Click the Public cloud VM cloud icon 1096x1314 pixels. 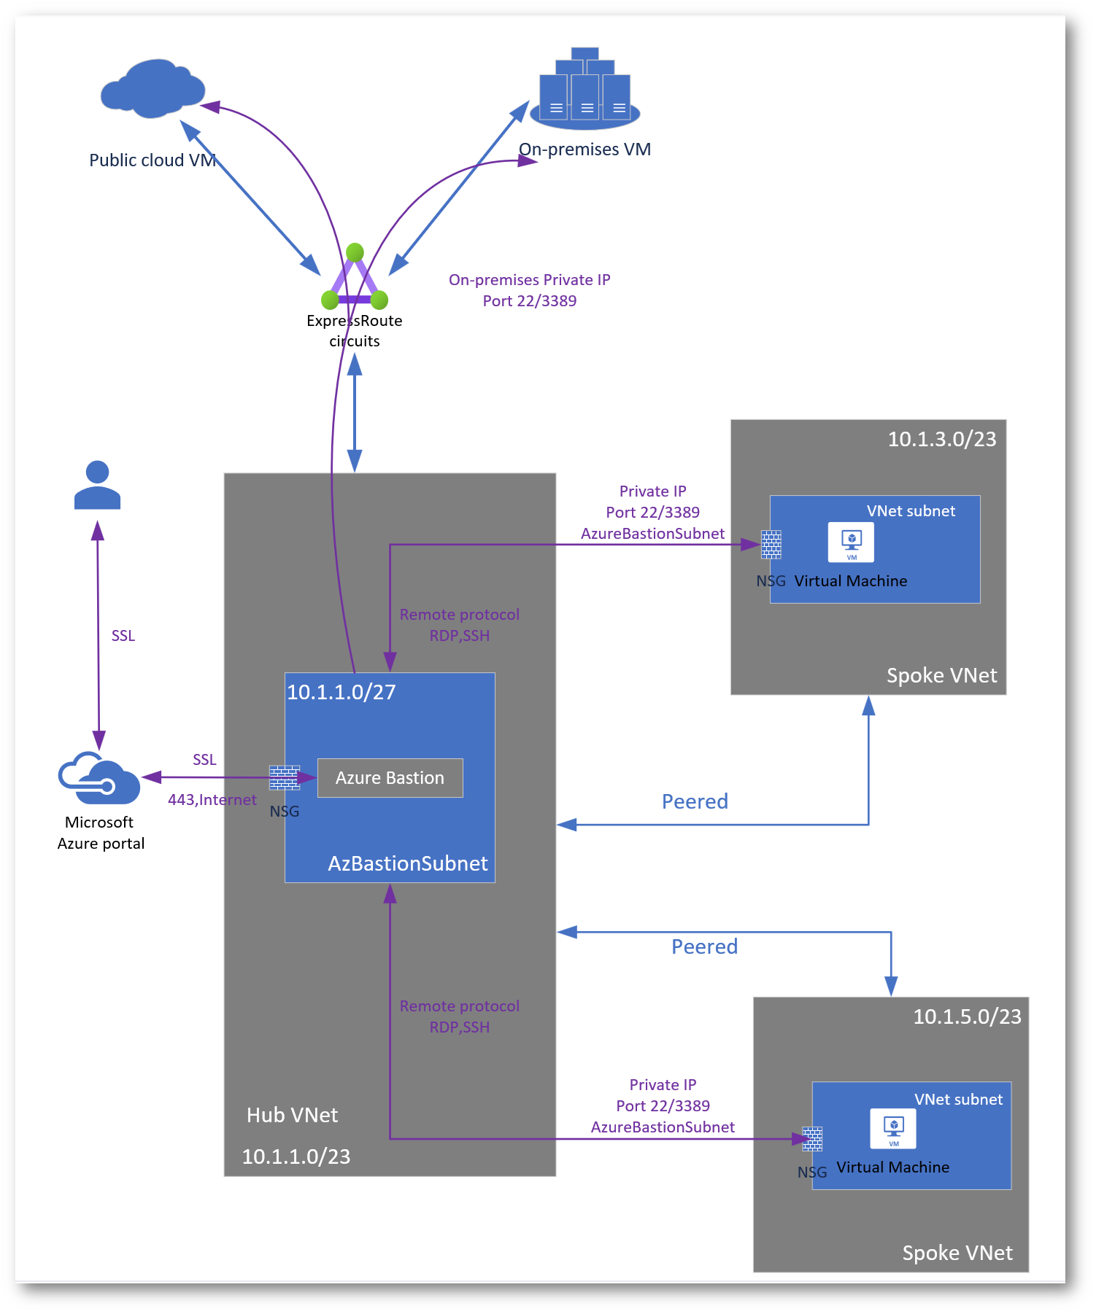(153, 88)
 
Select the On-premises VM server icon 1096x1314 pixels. (585, 87)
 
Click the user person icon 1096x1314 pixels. (97, 485)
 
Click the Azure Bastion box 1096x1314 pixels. (390, 778)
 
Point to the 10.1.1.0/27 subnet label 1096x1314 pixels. (341, 692)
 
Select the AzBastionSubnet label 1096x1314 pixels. (407, 863)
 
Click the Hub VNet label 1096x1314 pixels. (292, 1115)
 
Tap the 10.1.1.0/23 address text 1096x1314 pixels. (296, 1156)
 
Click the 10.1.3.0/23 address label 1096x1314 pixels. (941, 439)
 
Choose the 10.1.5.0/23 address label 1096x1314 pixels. (967, 1016)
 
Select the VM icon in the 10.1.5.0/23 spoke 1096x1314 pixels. (893, 1128)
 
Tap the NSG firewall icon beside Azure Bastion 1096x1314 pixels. (284, 778)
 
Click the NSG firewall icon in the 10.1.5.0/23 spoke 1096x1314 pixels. (812, 1139)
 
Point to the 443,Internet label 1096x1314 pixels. (212, 800)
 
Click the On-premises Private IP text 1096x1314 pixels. (529, 280)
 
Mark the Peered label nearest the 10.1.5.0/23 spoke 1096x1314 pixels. (704, 946)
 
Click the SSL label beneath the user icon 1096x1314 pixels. (123, 636)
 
